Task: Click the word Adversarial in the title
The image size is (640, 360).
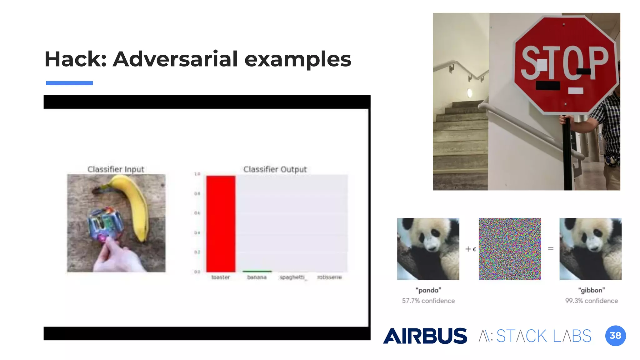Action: tap(175, 59)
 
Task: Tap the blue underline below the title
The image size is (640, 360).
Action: tap(69, 83)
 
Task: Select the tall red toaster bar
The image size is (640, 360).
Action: tap(221, 223)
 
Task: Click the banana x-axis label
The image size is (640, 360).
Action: tap(257, 277)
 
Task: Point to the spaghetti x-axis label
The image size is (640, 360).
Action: tap(292, 277)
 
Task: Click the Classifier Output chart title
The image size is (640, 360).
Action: tap(275, 169)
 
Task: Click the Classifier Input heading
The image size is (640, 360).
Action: tap(116, 169)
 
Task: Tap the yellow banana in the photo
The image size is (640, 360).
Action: tap(134, 206)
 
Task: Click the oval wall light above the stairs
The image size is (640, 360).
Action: tap(469, 93)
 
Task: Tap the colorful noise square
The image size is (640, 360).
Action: tap(510, 249)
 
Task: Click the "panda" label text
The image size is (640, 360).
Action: tap(428, 290)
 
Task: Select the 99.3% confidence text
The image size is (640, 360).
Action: tap(591, 301)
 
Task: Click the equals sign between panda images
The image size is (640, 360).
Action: tap(551, 249)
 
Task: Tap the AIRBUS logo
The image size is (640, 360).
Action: tap(425, 336)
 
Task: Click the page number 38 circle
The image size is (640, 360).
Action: tap(615, 336)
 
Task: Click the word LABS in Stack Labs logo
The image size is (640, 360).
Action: tap(572, 336)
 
